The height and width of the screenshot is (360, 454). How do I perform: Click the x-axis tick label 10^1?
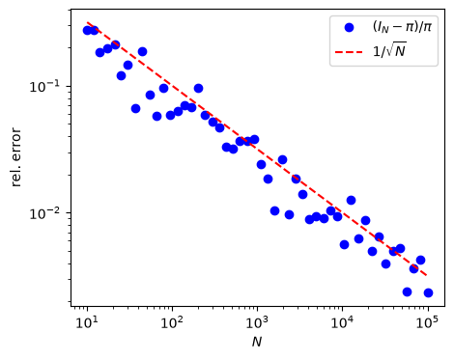[87, 322]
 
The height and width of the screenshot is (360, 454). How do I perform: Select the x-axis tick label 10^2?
[172, 322]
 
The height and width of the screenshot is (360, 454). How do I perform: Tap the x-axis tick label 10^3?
[257, 322]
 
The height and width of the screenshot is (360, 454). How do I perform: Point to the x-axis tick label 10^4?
[343, 322]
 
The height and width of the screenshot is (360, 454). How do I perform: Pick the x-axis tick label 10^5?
[428, 322]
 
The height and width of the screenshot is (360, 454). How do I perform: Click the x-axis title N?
[257, 342]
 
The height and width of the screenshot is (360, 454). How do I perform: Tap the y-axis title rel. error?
[16, 157]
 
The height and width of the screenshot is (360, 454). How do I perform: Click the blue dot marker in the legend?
[349, 28]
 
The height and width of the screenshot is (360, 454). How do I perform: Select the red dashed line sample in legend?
[349, 51]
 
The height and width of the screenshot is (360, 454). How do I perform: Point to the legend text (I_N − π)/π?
[402, 27]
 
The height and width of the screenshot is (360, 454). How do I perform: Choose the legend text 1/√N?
[389, 50]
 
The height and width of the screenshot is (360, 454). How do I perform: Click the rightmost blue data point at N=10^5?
[428, 292]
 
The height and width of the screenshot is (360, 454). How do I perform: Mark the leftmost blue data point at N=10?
[87, 31]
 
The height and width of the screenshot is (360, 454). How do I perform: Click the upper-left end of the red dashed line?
[87, 22]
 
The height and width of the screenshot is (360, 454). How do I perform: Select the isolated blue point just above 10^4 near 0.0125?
[351, 201]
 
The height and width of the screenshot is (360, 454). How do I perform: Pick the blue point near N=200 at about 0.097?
[198, 88]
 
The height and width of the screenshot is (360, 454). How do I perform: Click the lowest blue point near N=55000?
[407, 291]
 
